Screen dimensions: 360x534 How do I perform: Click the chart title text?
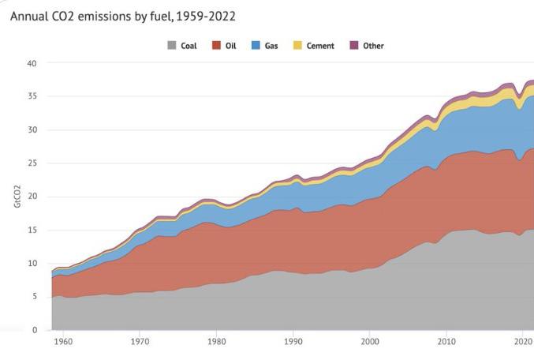(x=122, y=16)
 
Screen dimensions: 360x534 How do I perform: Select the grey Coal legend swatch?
(x=171, y=46)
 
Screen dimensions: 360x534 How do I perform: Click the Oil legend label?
(x=231, y=46)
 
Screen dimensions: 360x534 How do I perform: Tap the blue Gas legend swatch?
(x=256, y=46)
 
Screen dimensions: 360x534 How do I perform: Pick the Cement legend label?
(x=320, y=46)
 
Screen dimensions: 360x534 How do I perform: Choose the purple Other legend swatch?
(x=354, y=46)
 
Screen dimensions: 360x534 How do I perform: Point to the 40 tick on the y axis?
(x=32, y=63)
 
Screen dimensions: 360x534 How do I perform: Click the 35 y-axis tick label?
(x=32, y=96)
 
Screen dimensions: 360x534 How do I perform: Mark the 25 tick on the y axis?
(x=32, y=163)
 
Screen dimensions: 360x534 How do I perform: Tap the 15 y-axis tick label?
(x=32, y=230)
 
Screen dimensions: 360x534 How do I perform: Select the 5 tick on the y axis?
(x=35, y=297)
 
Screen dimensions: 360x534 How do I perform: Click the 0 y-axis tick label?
(x=35, y=330)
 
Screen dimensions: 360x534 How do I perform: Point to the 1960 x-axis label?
(x=63, y=343)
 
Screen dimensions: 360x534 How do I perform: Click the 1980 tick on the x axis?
(x=217, y=343)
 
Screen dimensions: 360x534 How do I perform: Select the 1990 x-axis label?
(x=294, y=343)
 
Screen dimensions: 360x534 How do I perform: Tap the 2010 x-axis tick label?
(x=447, y=343)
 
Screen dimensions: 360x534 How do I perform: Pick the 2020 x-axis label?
(x=523, y=343)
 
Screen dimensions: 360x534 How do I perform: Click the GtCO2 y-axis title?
(x=17, y=197)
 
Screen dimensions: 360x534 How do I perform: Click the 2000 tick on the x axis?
(x=371, y=343)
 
